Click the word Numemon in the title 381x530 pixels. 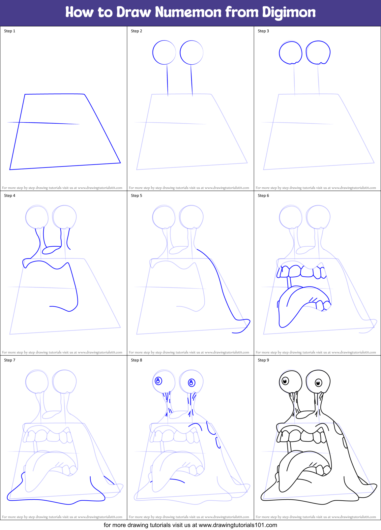coord(188,13)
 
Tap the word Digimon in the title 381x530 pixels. coord(289,13)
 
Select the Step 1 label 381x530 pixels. coord(10,31)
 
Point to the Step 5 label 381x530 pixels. coord(136,196)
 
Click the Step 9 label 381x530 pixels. coord(263,360)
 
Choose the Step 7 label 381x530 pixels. coord(10,360)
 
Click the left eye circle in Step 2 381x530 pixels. coord(164,52)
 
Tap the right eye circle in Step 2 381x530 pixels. coord(191,52)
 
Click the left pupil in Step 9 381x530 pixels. coord(285,381)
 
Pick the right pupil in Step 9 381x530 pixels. coord(318,383)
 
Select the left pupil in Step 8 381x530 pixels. coord(158,381)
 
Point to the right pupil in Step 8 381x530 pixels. coord(191,383)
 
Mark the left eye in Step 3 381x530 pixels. coord(290,52)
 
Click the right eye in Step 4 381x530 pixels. coord(65,217)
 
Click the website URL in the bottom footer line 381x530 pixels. coord(238,525)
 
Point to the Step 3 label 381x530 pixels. coord(263,31)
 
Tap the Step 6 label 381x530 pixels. coord(263,196)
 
